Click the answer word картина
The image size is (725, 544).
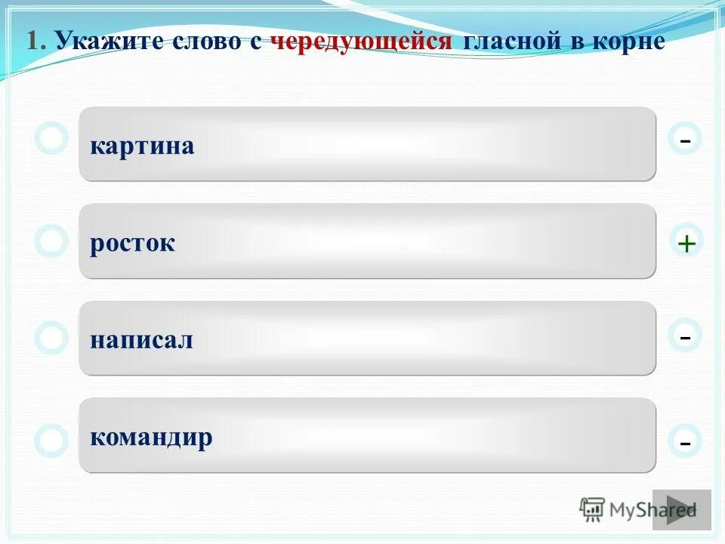pos(142,146)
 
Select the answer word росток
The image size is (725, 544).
pos(132,243)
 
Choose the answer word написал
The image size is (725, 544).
pos(141,340)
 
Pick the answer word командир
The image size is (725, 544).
pos(151,437)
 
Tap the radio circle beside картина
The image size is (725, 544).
pos(51,139)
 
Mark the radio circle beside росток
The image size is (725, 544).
pos(51,241)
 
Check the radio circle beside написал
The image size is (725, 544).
pos(51,338)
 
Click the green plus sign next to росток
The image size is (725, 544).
pos(686,243)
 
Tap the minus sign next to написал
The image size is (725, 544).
pos(685,335)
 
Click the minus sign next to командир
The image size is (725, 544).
pos(685,441)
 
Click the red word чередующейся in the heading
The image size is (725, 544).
pos(361,42)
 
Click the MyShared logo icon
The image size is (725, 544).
pos(592,509)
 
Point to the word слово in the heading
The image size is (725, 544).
pos(199,42)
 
